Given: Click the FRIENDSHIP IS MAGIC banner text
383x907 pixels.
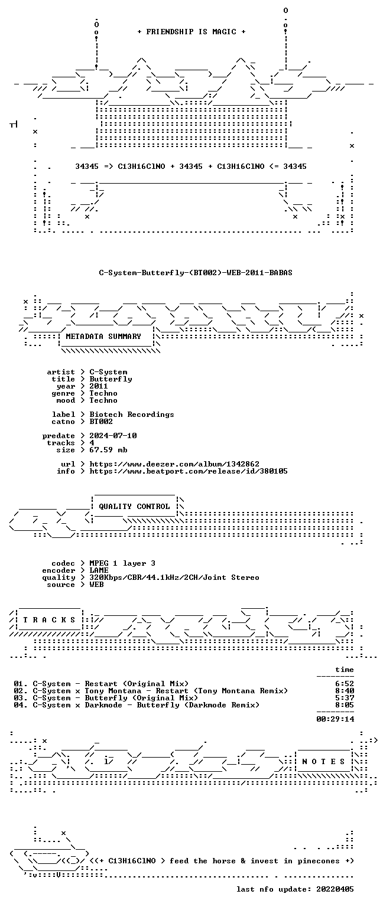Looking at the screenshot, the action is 191,31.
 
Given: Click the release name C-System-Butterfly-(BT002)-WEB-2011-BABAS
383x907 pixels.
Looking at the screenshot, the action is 196,272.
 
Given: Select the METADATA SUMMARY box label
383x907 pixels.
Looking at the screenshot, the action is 103,336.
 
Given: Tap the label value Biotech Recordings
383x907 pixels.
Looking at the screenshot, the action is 132,414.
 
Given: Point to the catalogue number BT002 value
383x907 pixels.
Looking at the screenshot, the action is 101,422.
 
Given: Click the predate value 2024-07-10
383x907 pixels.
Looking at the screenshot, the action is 113,436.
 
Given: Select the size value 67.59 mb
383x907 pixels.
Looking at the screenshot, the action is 108,450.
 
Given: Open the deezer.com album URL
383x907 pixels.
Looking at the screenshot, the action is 174,464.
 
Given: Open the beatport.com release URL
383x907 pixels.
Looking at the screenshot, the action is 189,471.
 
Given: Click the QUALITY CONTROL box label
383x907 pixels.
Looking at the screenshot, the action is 134,507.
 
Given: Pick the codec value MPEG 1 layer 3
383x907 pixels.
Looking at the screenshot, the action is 122,563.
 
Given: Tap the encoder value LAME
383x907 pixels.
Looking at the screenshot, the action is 99,570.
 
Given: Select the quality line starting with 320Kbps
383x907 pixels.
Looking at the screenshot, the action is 174,578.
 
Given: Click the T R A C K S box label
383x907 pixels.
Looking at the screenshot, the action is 49,620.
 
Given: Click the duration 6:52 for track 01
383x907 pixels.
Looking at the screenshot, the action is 345,684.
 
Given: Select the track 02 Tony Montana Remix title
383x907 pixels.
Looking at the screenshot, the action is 160,691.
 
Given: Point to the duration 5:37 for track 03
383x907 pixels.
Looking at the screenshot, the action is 345,698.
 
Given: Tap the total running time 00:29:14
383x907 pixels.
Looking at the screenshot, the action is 335,719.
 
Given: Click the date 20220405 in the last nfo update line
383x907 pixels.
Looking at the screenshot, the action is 335,889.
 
